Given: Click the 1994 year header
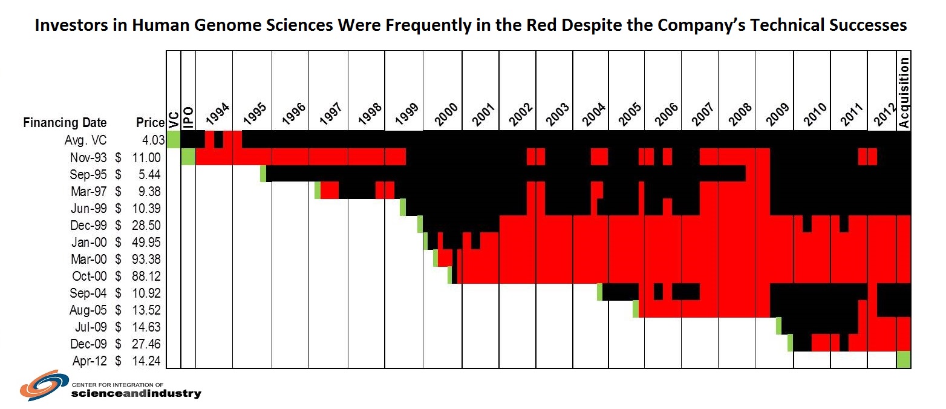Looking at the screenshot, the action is (218, 114).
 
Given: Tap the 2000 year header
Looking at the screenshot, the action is (446, 114).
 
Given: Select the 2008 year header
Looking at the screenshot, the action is (740, 114).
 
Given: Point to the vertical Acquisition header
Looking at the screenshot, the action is (904, 93).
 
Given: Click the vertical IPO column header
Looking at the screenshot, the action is (188, 117).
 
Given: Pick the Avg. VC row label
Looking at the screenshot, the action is (85, 140).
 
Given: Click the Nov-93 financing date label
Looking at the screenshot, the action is (88, 157).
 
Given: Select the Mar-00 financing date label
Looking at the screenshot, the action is (89, 259).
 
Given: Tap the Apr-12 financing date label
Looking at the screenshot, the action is (90, 361).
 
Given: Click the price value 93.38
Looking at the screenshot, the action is (146, 259).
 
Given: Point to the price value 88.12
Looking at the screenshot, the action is (146, 276).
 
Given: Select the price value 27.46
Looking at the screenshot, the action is (146, 344).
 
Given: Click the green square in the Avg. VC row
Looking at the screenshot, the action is (174, 139).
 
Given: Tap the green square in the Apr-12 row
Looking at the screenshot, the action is (904, 359).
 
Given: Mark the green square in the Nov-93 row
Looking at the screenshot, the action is (188, 157).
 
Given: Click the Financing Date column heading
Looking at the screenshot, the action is (65, 123).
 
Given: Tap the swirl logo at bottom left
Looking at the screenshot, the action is (44, 385).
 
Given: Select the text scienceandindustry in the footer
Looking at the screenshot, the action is (136, 393).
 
